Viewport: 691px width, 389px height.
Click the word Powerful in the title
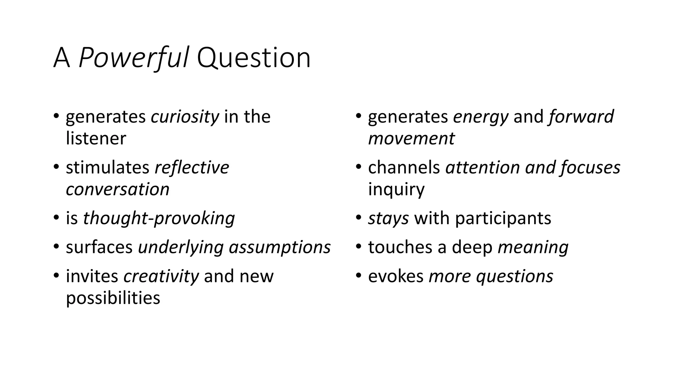[x=133, y=58]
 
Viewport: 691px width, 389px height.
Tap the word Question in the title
[x=253, y=58]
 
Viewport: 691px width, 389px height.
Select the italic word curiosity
[x=185, y=117]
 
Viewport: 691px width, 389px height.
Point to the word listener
[x=96, y=138]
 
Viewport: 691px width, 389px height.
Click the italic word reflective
[x=192, y=167]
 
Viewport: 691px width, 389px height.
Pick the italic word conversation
[x=117, y=189]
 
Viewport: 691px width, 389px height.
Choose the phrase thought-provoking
[x=159, y=218]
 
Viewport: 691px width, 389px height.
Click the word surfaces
[x=99, y=247]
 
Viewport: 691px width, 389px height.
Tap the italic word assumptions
[x=280, y=247]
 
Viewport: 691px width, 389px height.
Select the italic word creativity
[x=161, y=276]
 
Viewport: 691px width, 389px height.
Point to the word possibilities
[x=113, y=298]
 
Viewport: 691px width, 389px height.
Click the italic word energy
[x=480, y=117]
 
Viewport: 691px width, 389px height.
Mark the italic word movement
[x=411, y=138]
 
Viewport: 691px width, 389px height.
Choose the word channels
[x=404, y=167]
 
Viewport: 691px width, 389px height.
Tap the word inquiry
[x=396, y=189]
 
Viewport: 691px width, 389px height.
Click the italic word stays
[x=388, y=218]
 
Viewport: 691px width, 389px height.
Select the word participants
[x=503, y=218]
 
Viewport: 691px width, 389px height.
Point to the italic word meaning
[x=533, y=247]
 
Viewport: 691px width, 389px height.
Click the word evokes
[x=396, y=276]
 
